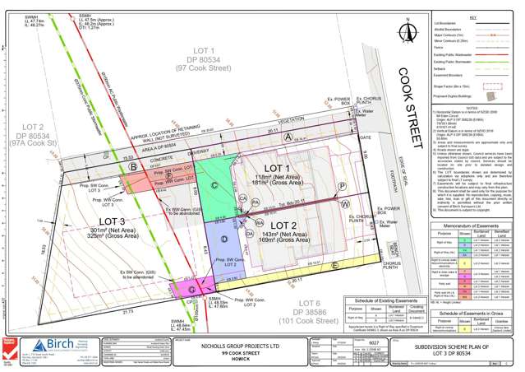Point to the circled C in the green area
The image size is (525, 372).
[214, 186]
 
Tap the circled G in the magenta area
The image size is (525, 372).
[191, 290]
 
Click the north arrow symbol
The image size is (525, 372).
[408, 34]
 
